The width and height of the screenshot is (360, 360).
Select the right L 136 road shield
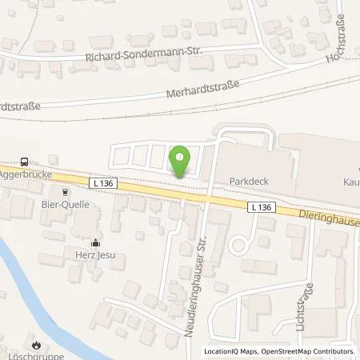pyautogui.click(x=262, y=207)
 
